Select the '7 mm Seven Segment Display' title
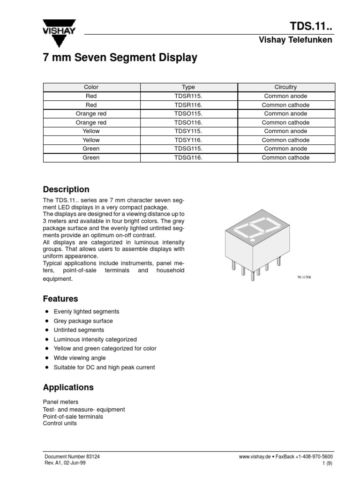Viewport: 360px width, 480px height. [x=120, y=58]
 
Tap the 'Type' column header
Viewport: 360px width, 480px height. [x=188, y=87]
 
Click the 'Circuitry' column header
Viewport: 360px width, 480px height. [x=285, y=87]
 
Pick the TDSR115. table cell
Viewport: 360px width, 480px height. [x=188, y=96]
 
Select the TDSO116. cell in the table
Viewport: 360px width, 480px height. [x=188, y=122]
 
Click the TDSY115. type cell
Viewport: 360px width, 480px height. [x=188, y=131]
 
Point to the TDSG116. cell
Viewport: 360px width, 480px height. [x=188, y=157]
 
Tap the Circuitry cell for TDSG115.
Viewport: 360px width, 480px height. [x=285, y=149]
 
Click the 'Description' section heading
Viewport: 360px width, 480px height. [x=66, y=189]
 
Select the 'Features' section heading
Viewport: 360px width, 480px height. [x=60, y=299]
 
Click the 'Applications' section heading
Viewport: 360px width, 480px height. [x=68, y=387]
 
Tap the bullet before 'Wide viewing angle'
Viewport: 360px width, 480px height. [x=47, y=358]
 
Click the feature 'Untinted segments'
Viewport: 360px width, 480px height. [x=79, y=330]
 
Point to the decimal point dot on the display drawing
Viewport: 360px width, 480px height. [x=253, y=240]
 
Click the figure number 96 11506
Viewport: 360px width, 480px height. [x=304, y=277]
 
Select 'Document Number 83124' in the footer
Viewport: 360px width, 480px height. [x=72, y=457]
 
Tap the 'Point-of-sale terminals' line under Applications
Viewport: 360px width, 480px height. [x=73, y=416]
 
